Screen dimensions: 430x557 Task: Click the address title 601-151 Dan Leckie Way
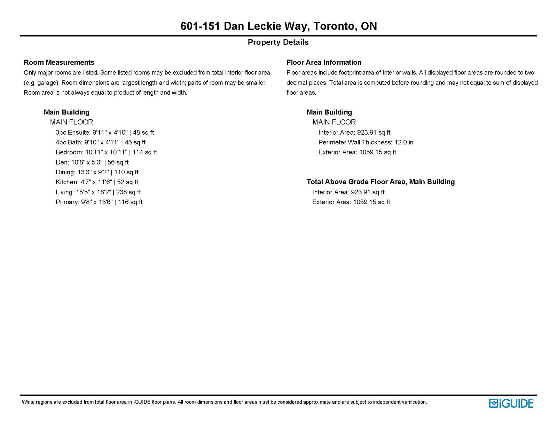[278, 26]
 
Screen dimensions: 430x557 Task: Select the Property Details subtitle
[278, 42]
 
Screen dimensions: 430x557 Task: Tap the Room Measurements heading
[59, 62]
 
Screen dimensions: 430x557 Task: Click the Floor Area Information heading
[324, 62]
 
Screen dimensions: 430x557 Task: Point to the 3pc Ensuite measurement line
[104, 132]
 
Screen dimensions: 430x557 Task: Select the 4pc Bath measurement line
[100, 142]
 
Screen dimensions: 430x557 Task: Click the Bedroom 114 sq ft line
[106, 152]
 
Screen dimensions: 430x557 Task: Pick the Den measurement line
[92, 162]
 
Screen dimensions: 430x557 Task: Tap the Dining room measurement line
[97, 172]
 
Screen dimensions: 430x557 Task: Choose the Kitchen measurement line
[97, 182]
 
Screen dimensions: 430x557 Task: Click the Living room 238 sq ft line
[98, 192]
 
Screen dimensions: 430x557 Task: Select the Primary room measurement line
[99, 202]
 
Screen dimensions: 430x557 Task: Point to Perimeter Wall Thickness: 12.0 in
[366, 142]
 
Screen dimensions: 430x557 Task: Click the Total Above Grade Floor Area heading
[381, 182]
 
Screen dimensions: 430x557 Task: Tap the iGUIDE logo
[511, 403]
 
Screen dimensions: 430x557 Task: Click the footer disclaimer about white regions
[224, 402]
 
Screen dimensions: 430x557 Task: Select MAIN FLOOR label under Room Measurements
[71, 122]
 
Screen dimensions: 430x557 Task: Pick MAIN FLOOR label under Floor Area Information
[334, 122]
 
